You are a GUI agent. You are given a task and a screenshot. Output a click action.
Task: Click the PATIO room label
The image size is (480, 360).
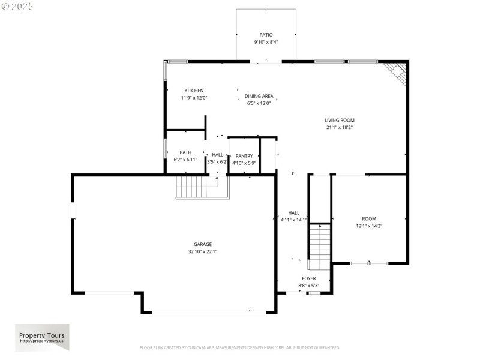(266, 35)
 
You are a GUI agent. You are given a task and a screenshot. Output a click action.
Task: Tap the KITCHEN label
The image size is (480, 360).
(194, 91)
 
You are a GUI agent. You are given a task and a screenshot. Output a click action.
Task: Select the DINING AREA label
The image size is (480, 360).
(259, 96)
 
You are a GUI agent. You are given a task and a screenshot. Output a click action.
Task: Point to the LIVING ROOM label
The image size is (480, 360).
(340, 120)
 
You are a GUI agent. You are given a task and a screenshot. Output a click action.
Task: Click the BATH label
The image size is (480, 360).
(185, 153)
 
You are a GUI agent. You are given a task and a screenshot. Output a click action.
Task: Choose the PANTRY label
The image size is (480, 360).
(244, 156)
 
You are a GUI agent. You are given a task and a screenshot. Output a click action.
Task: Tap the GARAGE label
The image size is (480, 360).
(202, 244)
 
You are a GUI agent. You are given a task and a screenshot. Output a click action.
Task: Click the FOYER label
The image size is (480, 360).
(308, 278)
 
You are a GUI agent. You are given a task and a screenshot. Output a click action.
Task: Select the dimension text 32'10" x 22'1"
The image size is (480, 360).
(202, 251)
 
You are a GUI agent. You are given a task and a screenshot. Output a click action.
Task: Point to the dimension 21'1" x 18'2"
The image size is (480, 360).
(340, 127)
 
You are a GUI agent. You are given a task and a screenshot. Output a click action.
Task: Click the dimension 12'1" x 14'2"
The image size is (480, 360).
(368, 226)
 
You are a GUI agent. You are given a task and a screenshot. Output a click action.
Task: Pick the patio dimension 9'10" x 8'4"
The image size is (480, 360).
(266, 42)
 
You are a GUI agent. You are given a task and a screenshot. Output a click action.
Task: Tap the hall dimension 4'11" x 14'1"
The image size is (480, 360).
(294, 220)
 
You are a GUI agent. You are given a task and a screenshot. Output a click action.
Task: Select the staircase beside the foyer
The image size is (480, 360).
(319, 246)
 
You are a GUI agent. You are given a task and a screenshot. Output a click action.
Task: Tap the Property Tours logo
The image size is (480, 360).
(42, 337)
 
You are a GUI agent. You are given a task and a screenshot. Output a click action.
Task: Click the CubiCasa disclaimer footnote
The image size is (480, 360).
(240, 347)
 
